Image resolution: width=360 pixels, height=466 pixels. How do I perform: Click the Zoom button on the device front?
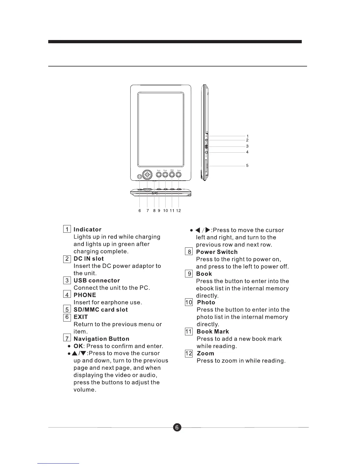(x=179, y=175)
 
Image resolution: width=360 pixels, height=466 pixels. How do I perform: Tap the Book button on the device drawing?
(x=159, y=175)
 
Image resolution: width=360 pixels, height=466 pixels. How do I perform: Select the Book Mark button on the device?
(x=172, y=175)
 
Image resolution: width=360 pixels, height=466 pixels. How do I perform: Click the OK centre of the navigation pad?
(x=147, y=175)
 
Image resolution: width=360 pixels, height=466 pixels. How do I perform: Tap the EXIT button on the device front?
(x=139, y=177)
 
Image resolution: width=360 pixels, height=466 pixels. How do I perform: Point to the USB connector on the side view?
(x=206, y=147)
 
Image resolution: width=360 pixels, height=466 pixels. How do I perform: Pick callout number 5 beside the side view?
(x=247, y=166)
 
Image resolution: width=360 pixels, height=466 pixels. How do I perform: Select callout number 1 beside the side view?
(x=247, y=136)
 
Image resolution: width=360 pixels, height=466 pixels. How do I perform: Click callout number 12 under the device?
(x=178, y=211)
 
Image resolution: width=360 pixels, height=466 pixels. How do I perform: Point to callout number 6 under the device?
(x=140, y=211)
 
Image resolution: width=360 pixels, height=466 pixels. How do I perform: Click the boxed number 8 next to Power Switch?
(x=189, y=252)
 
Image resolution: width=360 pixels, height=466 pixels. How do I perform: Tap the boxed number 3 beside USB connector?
(x=67, y=280)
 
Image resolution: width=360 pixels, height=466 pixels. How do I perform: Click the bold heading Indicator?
(x=87, y=229)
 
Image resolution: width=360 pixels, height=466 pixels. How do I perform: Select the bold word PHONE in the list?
(x=85, y=295)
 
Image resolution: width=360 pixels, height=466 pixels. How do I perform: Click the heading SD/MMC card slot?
(x=101, y=310)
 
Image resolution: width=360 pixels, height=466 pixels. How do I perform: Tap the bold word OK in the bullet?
(x=78, y=346)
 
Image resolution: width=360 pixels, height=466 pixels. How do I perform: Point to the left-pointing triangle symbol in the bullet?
(x=198, y=230)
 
